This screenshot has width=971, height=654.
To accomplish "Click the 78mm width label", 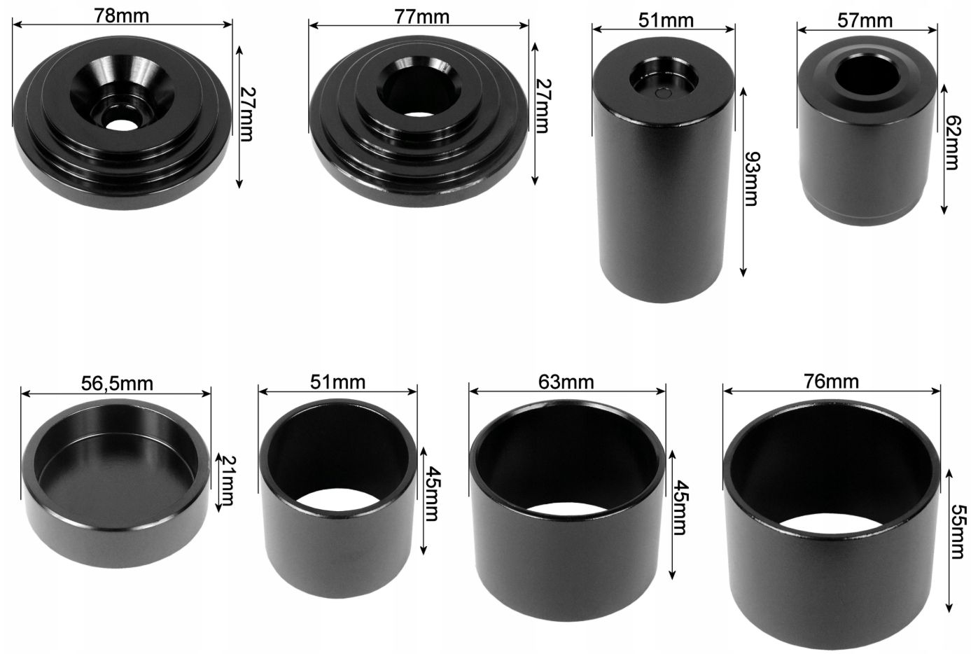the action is point(122,16).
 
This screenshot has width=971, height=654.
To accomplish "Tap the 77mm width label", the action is point(421,18).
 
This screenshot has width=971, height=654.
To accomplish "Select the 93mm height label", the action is point(752,179).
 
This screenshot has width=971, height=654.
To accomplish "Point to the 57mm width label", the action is point(865,21).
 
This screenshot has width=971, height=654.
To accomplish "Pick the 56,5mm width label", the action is point(117,384).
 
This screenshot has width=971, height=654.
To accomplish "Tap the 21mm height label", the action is point(227,480).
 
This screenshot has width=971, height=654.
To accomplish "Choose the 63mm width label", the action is point(566,382).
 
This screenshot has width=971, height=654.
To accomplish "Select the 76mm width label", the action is point(832,382).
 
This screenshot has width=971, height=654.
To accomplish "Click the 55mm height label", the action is point(959,532).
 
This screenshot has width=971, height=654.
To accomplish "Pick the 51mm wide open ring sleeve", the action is point(338,499).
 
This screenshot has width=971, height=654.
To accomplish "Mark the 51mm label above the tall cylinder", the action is point(666,20).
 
